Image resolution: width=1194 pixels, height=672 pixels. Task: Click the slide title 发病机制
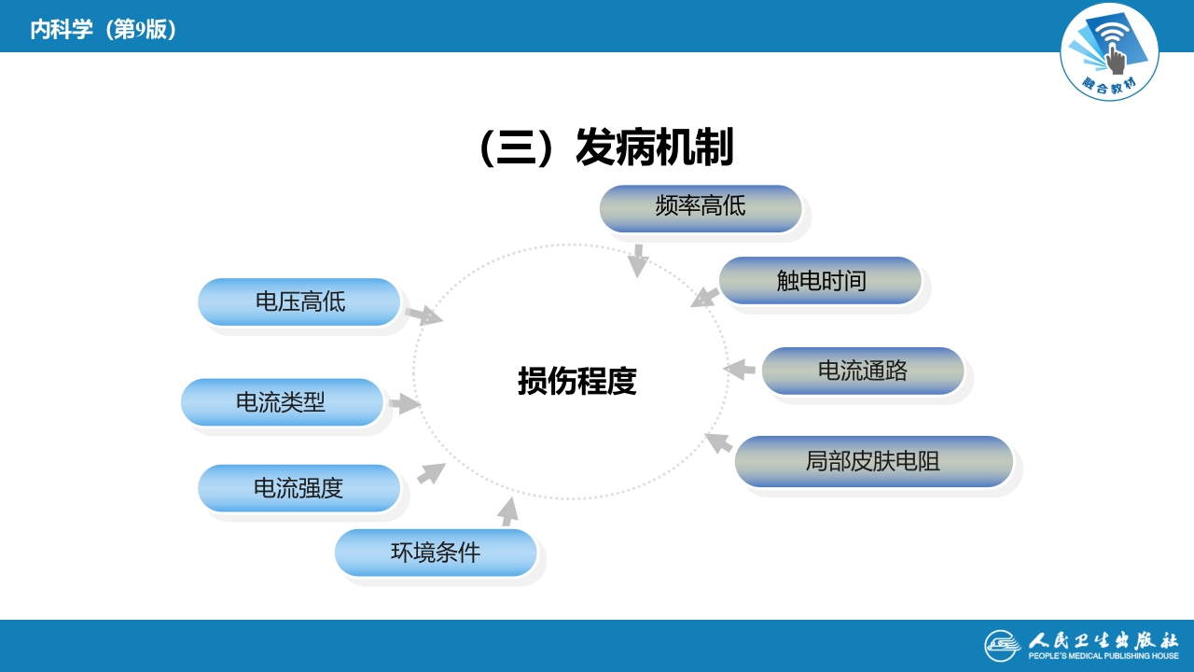606,147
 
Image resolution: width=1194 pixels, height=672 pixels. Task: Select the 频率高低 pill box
701,207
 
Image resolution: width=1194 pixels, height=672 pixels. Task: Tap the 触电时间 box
821,280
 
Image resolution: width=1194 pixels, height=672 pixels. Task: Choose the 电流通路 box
863,371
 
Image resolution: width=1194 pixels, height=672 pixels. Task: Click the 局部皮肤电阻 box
873,461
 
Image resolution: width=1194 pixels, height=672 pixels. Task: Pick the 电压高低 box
299,301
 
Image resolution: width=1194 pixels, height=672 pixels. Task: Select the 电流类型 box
282,402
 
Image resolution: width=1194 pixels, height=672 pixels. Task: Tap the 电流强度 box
299,488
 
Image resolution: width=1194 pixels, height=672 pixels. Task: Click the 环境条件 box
436,553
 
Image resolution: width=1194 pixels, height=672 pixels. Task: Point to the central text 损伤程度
576,381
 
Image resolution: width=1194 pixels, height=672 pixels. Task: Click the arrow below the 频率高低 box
637,261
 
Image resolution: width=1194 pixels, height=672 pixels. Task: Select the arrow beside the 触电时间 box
704,298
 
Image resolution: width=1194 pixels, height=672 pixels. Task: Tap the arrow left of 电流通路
740,369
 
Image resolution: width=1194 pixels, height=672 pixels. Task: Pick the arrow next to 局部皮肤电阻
718,441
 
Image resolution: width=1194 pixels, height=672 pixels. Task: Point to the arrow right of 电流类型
404,404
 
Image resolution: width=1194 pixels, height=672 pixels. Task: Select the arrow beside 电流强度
431,472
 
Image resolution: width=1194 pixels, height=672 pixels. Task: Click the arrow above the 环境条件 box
507,511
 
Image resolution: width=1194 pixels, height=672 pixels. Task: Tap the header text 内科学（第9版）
104,30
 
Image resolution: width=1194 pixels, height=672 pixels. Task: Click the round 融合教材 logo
1109,52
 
